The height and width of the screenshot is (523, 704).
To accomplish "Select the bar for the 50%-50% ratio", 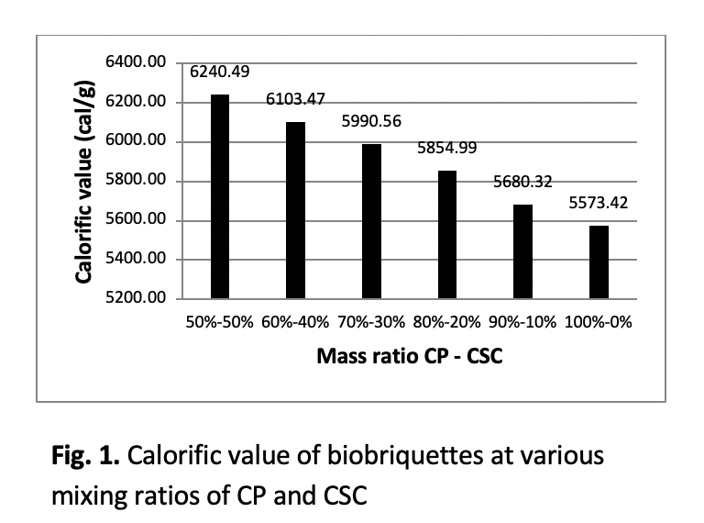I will (220, 196).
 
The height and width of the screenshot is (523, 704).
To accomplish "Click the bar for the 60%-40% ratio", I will (295, 210).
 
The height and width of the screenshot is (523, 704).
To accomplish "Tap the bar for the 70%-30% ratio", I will (371, 221).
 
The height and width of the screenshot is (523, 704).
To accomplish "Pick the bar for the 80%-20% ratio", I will (446, 234).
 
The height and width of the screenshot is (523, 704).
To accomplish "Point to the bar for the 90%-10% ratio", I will (522, 251).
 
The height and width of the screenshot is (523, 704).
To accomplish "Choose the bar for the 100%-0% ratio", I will (599, 261).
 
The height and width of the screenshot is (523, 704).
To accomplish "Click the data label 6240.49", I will (220, 72).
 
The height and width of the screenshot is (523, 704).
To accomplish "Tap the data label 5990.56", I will (371, 121).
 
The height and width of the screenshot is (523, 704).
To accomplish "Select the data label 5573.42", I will (599, 203).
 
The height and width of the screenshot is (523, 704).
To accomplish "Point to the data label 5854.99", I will (446, 148).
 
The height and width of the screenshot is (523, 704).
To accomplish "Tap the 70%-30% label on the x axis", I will (371, 323).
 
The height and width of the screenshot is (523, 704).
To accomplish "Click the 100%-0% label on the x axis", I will (599, 323).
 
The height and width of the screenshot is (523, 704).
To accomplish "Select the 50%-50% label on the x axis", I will (219, 323).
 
